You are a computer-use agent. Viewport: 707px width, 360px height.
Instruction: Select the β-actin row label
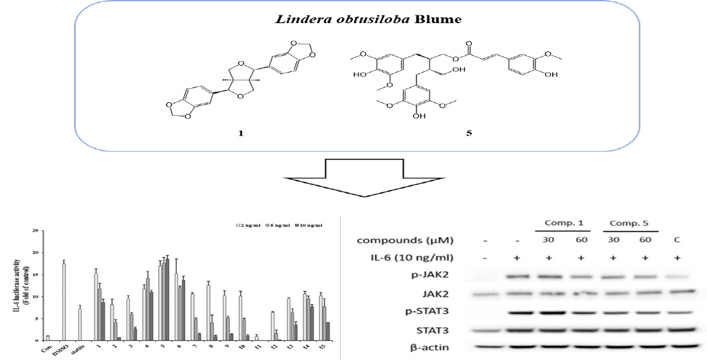point(436,348)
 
